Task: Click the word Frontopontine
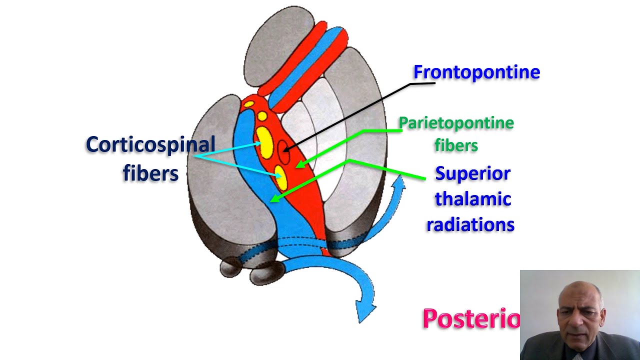[476, 72]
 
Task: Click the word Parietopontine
[456, 123]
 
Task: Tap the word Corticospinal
[150, 145]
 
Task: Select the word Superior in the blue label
[472, 174]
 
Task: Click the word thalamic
[472, 199]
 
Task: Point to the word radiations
[470, 225]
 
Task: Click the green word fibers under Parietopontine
[456, 145]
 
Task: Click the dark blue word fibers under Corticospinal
[150, 173]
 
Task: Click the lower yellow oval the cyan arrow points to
[281, 178]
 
